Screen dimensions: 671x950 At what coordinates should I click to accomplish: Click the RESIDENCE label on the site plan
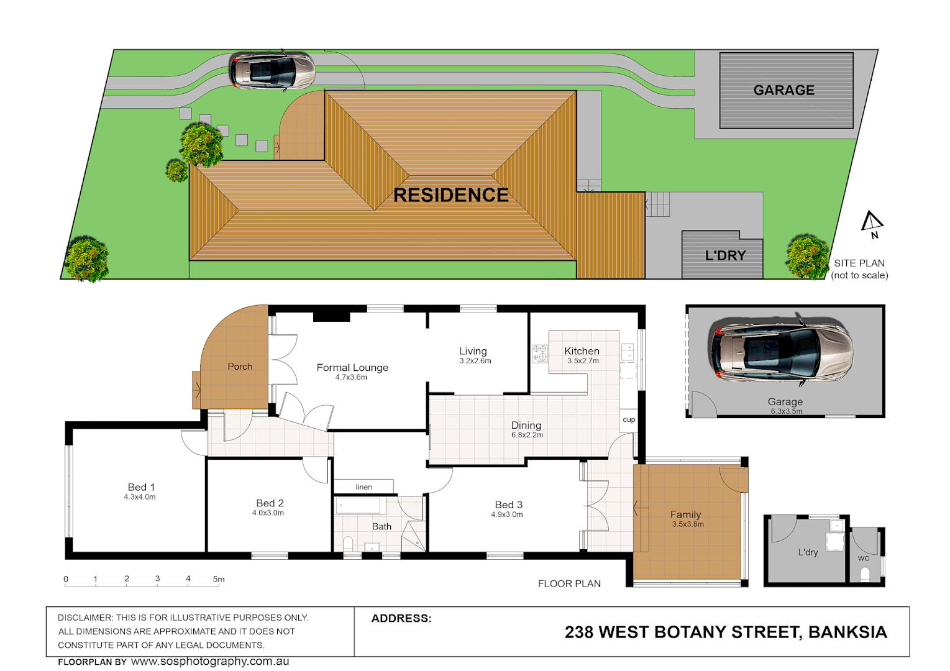coord(451,195)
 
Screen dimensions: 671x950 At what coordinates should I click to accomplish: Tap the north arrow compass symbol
coord(872,223)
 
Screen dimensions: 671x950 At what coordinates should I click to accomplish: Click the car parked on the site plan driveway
coord(272,70)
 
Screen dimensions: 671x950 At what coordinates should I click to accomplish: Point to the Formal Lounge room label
coord(352,368)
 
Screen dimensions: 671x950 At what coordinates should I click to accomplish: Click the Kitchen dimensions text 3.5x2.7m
coord(583,361)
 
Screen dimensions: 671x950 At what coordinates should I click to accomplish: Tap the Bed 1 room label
coord(141,487)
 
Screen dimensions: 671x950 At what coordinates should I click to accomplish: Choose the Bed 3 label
coord(508,504)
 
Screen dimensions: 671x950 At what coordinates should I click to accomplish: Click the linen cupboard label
coord(364,487)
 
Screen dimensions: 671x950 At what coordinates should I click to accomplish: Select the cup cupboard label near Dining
coord(629,419)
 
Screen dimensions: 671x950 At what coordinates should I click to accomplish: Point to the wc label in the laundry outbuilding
coord(864,558)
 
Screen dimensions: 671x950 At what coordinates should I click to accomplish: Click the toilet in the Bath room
coord(348,544)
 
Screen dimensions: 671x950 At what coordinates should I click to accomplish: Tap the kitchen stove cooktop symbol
coord(539,354)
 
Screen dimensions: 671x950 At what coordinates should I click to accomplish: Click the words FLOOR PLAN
coord(569,583)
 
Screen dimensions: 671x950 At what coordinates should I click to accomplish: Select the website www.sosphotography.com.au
coord(210,662)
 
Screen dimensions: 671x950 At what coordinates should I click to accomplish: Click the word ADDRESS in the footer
coord(401,618)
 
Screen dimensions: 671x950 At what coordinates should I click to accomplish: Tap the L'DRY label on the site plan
coord(725,255)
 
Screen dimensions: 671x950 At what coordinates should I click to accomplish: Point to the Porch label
coord(240,367)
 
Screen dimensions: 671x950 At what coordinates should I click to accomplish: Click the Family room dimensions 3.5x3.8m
coord(688,524)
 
